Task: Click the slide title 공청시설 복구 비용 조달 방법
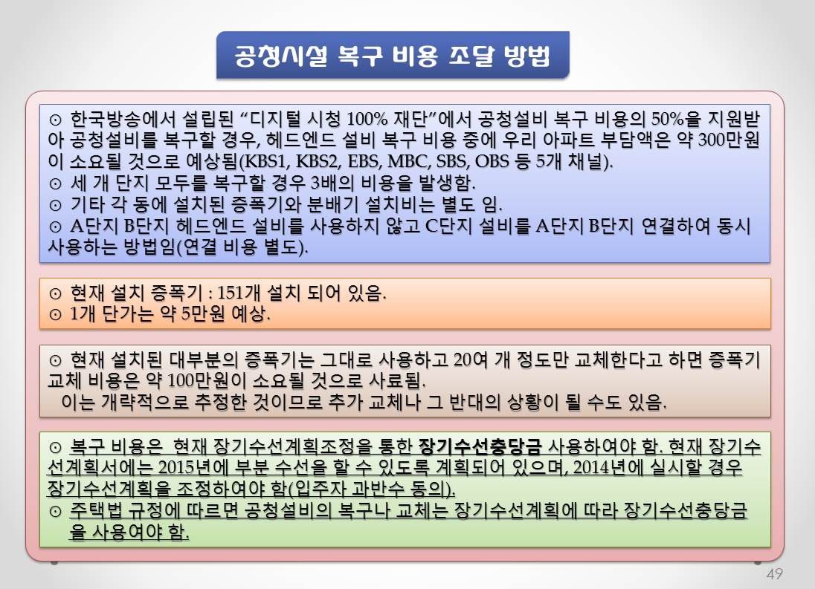(393, 56)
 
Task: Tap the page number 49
(774, 574)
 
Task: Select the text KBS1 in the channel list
(265, 161)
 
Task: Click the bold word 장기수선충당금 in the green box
(480, 446)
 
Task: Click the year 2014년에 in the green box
(608, 468)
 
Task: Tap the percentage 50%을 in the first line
(676, 120)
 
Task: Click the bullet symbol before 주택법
(55, 511)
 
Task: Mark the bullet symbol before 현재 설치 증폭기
(55, 293)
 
